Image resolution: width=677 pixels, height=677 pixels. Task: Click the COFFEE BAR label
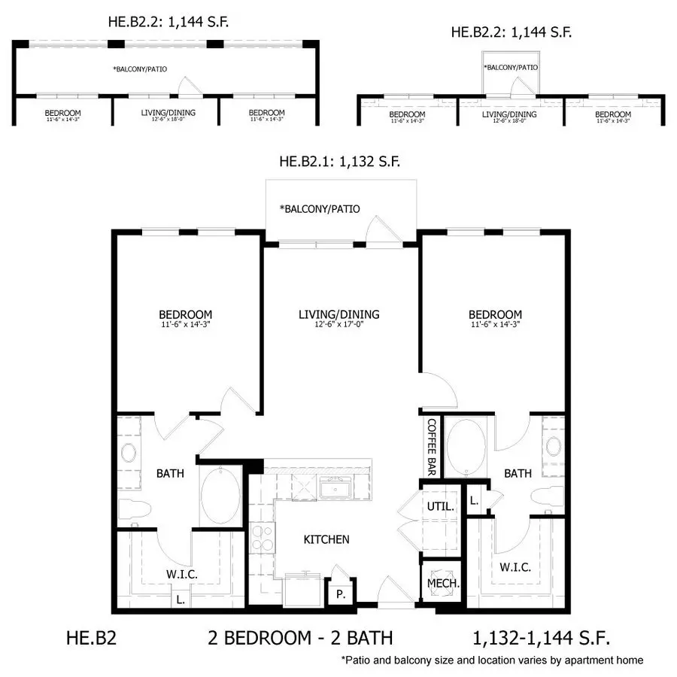431,447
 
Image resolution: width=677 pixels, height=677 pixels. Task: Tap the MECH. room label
443,583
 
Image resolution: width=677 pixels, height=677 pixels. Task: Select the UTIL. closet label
440,506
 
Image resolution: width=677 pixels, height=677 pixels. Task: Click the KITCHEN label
326,539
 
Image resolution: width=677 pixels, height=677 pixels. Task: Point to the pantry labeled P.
341,594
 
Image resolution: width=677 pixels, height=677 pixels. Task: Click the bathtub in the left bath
220,496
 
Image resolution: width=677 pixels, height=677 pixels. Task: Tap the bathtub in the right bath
466,448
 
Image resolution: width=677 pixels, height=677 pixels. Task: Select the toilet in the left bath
135,512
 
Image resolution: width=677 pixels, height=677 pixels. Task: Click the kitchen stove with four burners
263,538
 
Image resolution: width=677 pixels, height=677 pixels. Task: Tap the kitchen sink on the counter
335,489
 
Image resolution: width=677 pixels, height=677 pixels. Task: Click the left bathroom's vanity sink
129,453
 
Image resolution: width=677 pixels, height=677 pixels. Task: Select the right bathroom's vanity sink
554,446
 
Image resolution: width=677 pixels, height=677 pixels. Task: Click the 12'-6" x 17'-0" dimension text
339,324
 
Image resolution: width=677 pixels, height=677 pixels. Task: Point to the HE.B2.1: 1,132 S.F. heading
340,162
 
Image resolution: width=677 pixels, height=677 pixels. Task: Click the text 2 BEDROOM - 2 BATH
300,638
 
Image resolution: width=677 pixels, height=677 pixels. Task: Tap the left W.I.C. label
182,574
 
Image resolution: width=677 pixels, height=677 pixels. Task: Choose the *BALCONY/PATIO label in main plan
320,209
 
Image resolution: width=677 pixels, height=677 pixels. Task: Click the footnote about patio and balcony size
492,660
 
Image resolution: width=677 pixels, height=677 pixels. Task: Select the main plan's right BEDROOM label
495,314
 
